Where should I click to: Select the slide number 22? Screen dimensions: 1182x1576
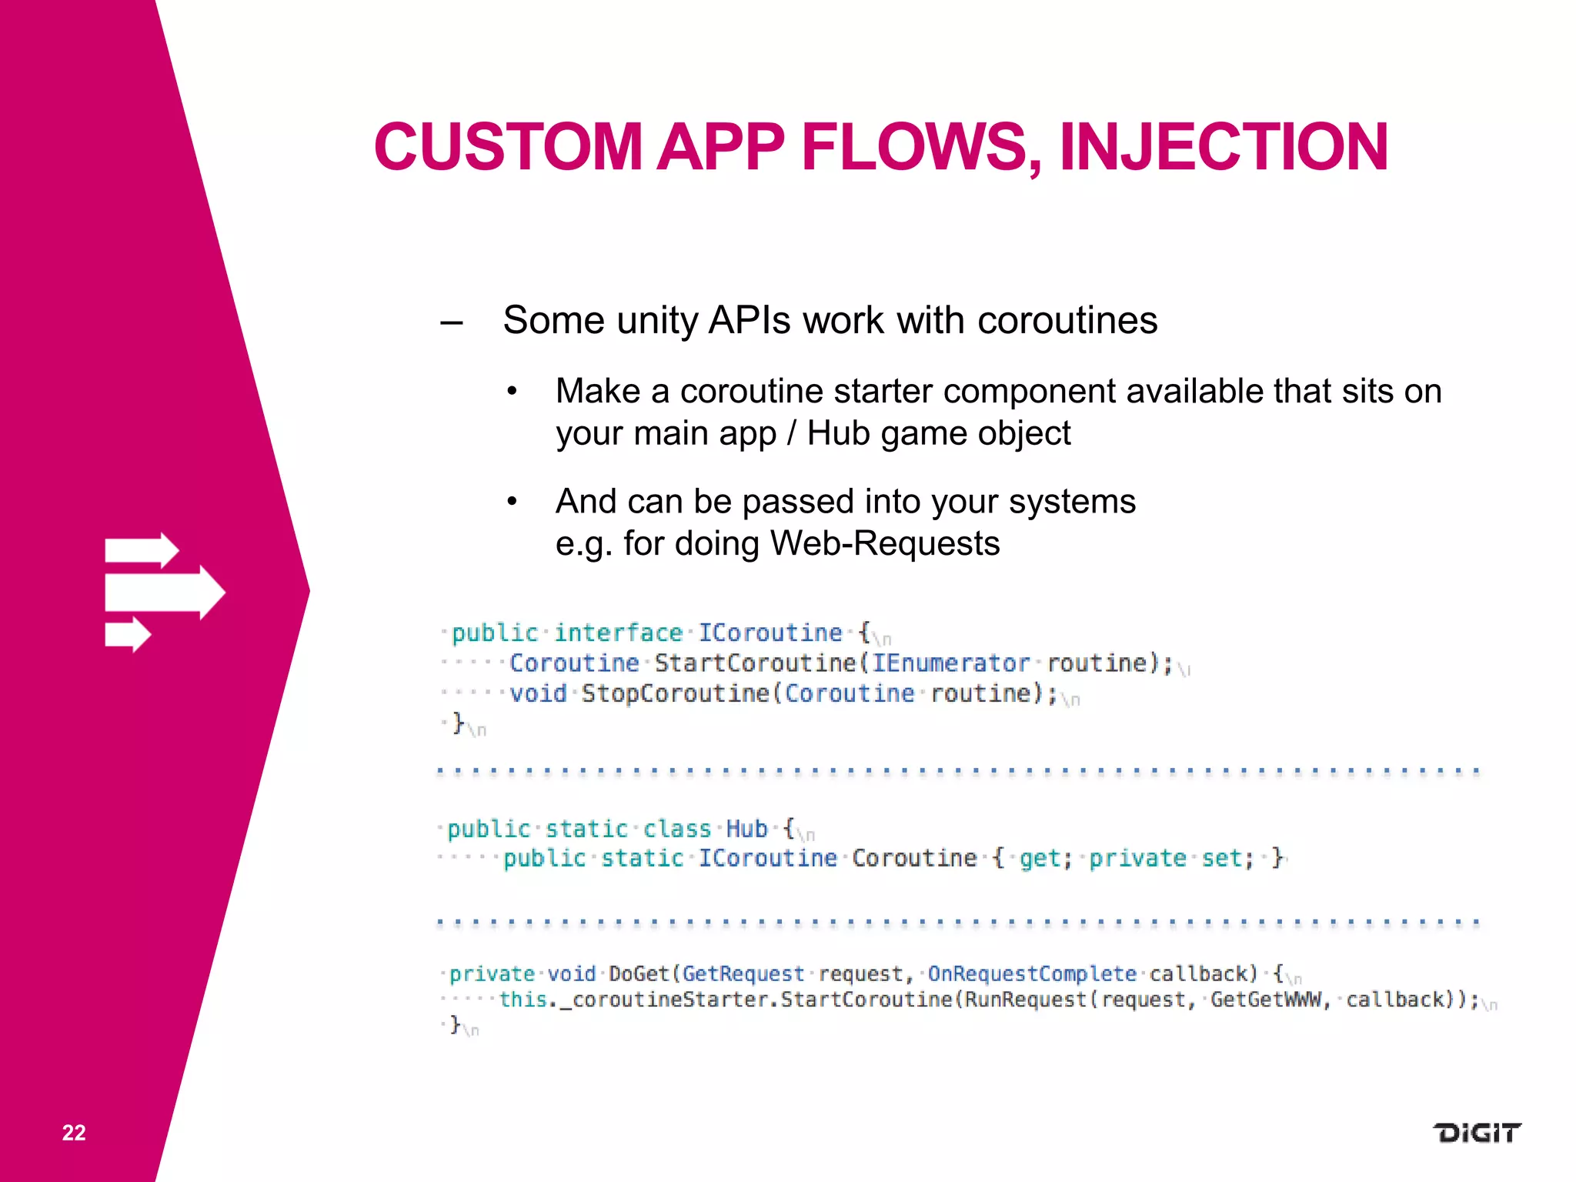click(x=74, y=1132)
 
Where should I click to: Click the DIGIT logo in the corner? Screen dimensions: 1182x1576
click(x=1476, y=1133)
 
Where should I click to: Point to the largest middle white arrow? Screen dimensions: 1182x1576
click(x=165, y=593)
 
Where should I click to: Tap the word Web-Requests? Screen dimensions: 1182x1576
click(x=885, y=543)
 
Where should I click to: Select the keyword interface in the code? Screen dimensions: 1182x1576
click(x=618, y=633)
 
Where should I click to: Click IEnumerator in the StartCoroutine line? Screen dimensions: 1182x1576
click(x=950, y=663)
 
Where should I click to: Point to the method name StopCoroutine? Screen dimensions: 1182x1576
click(x=674, y=693)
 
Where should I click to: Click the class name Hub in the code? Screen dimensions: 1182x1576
click(x=746, y=829)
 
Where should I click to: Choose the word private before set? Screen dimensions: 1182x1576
click(x=1137, y=858)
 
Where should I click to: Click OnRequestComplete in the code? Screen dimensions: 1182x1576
click(x=1031, y=973)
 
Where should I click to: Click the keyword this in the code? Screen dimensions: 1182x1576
click(x=523, y=1000)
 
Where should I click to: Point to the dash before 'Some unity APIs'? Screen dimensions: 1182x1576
click(x=452, y=322)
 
